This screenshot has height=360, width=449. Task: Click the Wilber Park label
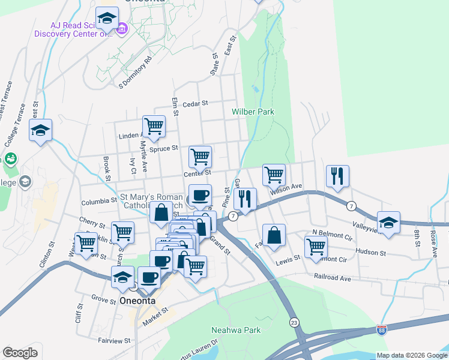253,112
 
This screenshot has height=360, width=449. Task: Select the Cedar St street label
195,103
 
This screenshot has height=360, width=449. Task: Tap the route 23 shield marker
293,322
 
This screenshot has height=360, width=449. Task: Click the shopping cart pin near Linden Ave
154,126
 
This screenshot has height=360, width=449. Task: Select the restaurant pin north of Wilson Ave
337,175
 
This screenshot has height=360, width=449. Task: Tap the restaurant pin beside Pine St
245,198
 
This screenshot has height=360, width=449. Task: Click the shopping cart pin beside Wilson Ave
274,175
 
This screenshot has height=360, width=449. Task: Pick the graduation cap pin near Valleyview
388,221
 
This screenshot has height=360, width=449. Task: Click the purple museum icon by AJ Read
121,28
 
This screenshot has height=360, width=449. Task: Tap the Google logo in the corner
20,353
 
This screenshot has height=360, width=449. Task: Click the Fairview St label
114,340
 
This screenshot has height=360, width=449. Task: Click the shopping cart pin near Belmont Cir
316,245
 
